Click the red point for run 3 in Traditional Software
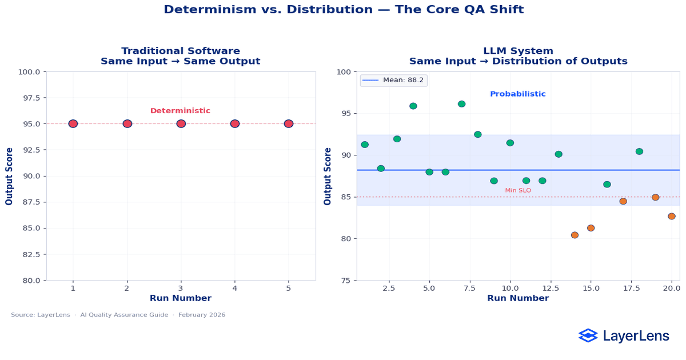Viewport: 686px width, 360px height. point(181,123)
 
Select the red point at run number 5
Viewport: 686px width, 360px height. point(289,123)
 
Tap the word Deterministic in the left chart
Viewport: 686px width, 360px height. point(180,111)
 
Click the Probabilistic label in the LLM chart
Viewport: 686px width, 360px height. point(517,94)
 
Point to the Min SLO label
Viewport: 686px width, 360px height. point(518,190)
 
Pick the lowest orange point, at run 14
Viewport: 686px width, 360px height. point(575,235)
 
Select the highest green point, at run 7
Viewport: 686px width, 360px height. point(461,104)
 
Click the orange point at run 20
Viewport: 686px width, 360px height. point(672,216)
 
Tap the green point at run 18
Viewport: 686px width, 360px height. point(639,151)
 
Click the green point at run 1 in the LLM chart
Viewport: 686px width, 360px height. point(365,145)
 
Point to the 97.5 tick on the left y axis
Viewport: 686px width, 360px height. point(30,98)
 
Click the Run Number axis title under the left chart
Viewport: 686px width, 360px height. point(181,298)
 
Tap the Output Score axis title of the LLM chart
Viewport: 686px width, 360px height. point(328,176)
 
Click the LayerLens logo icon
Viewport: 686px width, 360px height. point(588,335)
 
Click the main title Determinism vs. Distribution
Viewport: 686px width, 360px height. point(343,10)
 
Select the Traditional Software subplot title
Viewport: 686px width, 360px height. point(181,51)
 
